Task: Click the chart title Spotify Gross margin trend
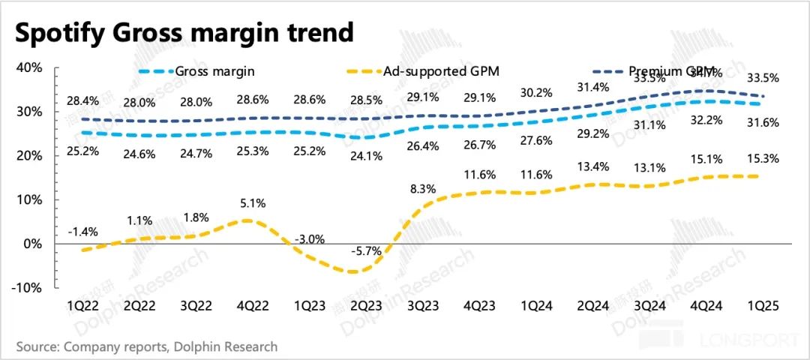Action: pos(184,32)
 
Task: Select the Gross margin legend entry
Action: pos(214,71)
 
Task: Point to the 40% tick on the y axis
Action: pos(29,68)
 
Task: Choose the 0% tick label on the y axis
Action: pos(33,244)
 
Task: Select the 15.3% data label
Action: pos(760,158)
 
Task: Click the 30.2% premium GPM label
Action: pos(537,94)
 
